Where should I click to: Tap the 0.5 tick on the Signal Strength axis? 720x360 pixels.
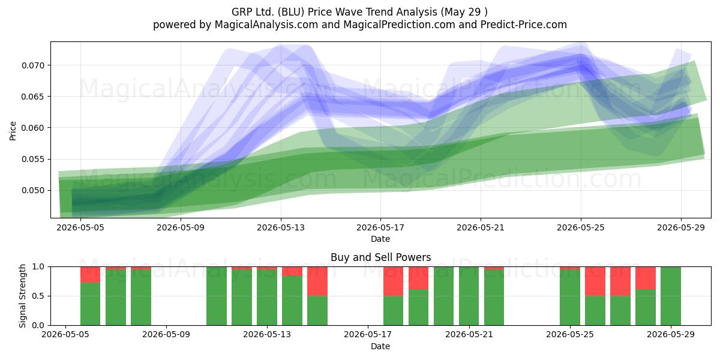click(38, 296)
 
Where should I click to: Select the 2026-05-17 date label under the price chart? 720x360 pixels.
click(380, 227)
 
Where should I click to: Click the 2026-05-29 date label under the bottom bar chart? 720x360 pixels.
click(671, 335)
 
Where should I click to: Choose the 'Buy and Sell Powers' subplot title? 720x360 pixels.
click(380, 257)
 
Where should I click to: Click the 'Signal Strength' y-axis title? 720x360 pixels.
click(22, 296)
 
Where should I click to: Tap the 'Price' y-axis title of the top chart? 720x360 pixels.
click(13, 131)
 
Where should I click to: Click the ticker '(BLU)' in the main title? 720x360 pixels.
click(291, 12)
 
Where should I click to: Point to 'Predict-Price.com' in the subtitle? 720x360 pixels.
click(524, 25)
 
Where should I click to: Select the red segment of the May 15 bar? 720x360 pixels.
click(317, 281)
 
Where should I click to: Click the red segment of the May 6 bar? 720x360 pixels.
click(91, 275)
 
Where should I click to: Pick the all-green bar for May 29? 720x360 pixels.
click(671, 296)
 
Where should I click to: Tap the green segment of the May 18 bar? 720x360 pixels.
click(393, 311)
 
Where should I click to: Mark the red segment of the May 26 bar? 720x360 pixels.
click(595, 281)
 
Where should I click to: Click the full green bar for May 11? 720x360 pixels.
click(217, 296)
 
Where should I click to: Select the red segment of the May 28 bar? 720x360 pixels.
click(646, 278)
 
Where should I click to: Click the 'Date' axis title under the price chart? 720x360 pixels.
click(380, 239)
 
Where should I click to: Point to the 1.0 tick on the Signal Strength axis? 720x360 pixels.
click(38, 267)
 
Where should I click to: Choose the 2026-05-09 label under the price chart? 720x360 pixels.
click(181, 227)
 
